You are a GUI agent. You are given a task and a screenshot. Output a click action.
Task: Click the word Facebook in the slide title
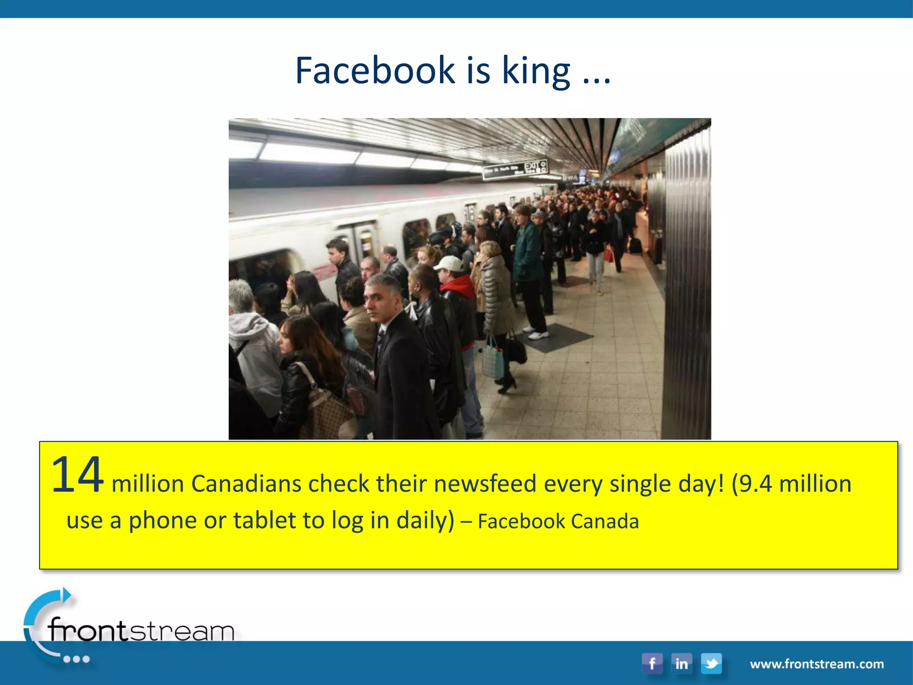[375, 70]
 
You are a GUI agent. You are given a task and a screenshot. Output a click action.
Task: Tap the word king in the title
[536, 71]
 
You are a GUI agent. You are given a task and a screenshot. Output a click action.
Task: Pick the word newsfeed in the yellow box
[485, 484]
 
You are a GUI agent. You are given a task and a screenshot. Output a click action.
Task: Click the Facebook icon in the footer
[652, 664]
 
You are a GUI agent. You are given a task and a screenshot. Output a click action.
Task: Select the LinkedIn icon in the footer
[681, 664]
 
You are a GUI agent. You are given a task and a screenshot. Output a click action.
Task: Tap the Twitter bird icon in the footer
[711, 664]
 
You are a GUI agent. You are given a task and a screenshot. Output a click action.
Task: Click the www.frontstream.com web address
[817, 664]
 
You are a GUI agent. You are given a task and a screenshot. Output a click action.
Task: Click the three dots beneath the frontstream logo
[76, 659]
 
